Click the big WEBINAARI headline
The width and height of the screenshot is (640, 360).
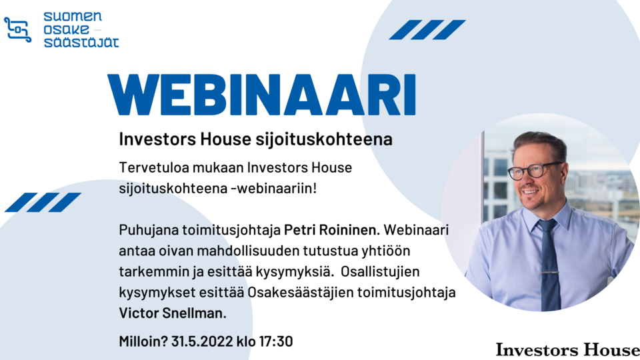coord(261,95)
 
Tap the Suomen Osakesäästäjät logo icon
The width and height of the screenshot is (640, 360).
coord(17,29)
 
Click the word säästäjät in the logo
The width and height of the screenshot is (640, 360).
coord(81,43)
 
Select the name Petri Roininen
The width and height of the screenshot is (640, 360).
coord(331,230)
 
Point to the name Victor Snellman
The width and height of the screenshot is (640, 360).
coord(173,313)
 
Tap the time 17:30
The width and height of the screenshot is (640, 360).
coord(276,341)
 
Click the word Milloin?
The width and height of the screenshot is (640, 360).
coord(143,341)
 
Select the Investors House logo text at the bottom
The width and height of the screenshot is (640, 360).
coord(567,350)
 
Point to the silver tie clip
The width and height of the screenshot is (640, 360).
coord(550,273)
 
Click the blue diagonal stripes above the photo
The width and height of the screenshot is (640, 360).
coord(427,30)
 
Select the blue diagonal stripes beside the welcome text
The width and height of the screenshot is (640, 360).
coord(43,202)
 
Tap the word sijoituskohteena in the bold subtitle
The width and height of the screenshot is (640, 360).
coord(324,139)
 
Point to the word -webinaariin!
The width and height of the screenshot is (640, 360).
coord(273,189)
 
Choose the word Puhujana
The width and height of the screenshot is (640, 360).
coord(149,230)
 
